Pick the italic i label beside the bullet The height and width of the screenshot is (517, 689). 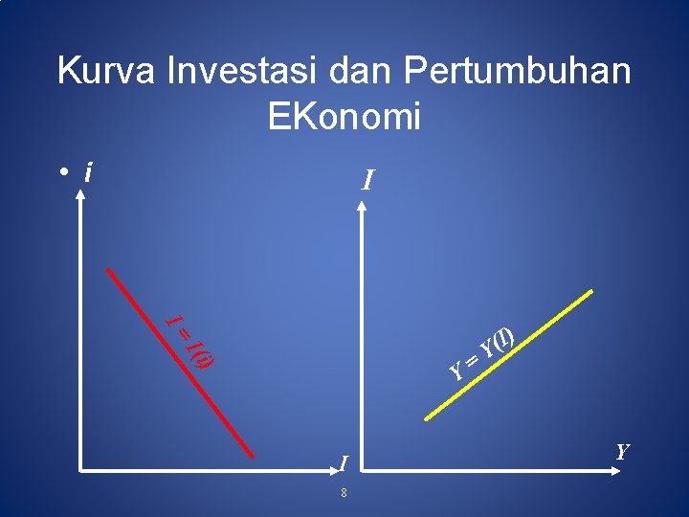pyautogui.click(x=88, y=172)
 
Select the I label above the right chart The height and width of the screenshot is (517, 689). pyautogui.click(x=367, y=180)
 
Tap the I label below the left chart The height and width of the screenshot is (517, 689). pyautogui.click(x=342, y=464)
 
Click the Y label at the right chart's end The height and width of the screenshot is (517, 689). pyautogui.click(x=622, y=451)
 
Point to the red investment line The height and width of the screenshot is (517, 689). pyautogui.click(x=182, y=364)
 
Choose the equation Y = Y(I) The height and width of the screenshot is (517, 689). pyautogui.click(x=484, y=352)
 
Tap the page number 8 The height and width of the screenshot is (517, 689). pyautogui.click(x=343, y=493)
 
